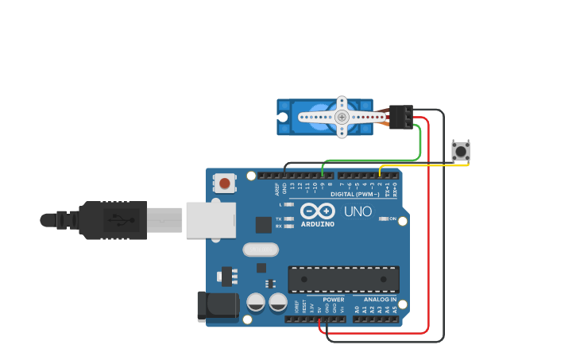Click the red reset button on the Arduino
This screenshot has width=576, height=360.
pyautogui.click(x=225, y=184)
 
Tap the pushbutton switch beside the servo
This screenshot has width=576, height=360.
pyautogui.click(x=461, y=150)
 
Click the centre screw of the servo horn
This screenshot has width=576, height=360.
pyautogui.click(x=342, y=117)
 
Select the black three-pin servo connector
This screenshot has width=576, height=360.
pyautogui.click(x=401, y=117)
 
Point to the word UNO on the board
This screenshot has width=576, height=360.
pyautogui.click(x=358, y=212)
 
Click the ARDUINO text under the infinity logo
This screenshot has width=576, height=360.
pyautogui.click(x=318, y=224)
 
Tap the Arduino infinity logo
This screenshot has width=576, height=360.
pyautogui.click(x=318, y=211)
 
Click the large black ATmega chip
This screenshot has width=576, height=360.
pyautogui.click(x=343, y=279)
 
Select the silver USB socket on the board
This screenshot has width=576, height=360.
pyautogui.click(x=211, y=220)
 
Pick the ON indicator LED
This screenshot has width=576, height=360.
pyautogui.click(x=384, y=219)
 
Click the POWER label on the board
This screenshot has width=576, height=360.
pyautogui.click(x=333, y=300)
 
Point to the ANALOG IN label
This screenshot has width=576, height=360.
pyautogui.click(x=381, y=300)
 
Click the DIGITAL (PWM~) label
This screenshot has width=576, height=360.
pyautogui.click(x=356, y=194)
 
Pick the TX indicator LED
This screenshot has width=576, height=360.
pyautogui.click(x=289, y=219)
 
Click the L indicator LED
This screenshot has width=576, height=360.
pyautogui.click(x=289, y=204)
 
